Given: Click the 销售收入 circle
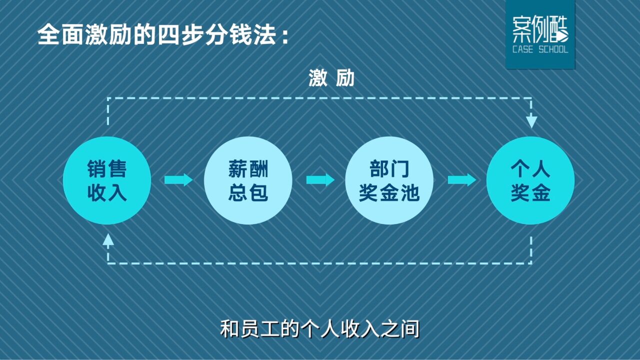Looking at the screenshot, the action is pyautogui.click(x=107, y=180).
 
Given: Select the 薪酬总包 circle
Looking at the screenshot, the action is pyautogui.click(x=248, y=180).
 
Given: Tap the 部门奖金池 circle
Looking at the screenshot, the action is pyautogui.click(x=389, y=180).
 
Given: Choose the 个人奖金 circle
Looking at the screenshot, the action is pyautogui.click(x=530, y=180).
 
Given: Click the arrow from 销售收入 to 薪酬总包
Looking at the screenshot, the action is pyautogui.click(x=178, y=180).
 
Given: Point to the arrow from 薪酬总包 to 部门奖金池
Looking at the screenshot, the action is pyautogui.click(x=320, y=180).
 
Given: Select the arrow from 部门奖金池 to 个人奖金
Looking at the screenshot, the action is pyautogui.click(x=462, y=180).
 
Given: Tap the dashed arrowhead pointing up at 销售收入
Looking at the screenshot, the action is pyautogui.click(x=108, y=239).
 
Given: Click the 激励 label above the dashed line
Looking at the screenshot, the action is pyautogui.click(x=331, y=78).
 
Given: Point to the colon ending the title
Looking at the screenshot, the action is pyautogui.click(x=284, y=37).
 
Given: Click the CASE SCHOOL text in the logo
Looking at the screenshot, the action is pyautogui.click(x=540, y=49).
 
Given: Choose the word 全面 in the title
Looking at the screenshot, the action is pyautogui.click(x=61, y=35).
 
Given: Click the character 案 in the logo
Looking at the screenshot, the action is pyautogui.click(x=521, y=29).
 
